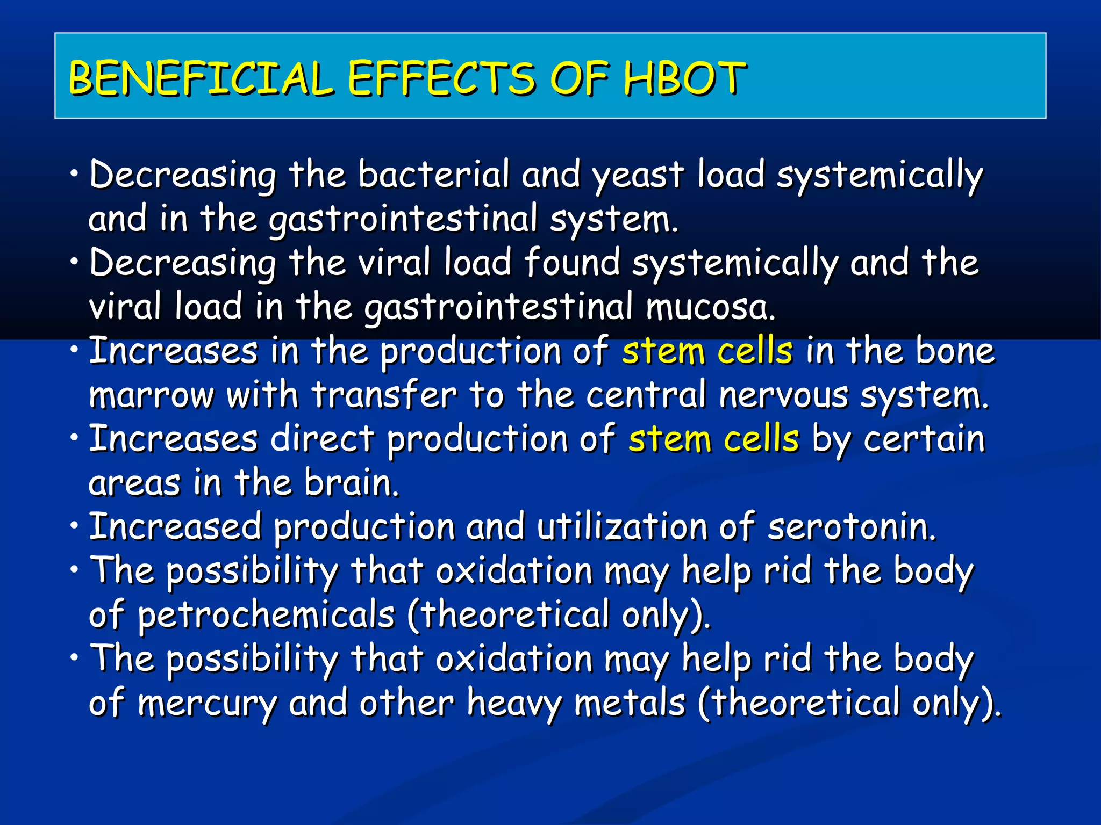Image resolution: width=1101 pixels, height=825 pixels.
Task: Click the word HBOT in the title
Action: [684, 78]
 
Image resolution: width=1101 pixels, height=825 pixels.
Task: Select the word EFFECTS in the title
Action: [441, 78]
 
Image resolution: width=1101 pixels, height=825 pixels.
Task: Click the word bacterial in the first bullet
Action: [433, 175]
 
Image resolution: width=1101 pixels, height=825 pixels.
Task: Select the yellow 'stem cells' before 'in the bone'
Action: [707, 351]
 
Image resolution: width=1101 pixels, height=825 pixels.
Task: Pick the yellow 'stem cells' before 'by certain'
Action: [713, 439]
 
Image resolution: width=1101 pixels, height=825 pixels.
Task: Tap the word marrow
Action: [151, 396]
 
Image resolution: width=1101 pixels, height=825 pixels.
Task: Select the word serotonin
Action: [852, 527]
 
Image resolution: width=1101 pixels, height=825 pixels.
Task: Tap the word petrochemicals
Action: [267, 616]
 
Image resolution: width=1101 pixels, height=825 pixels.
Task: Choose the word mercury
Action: [207, 704]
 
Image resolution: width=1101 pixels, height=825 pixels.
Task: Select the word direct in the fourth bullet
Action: [321, 439]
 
